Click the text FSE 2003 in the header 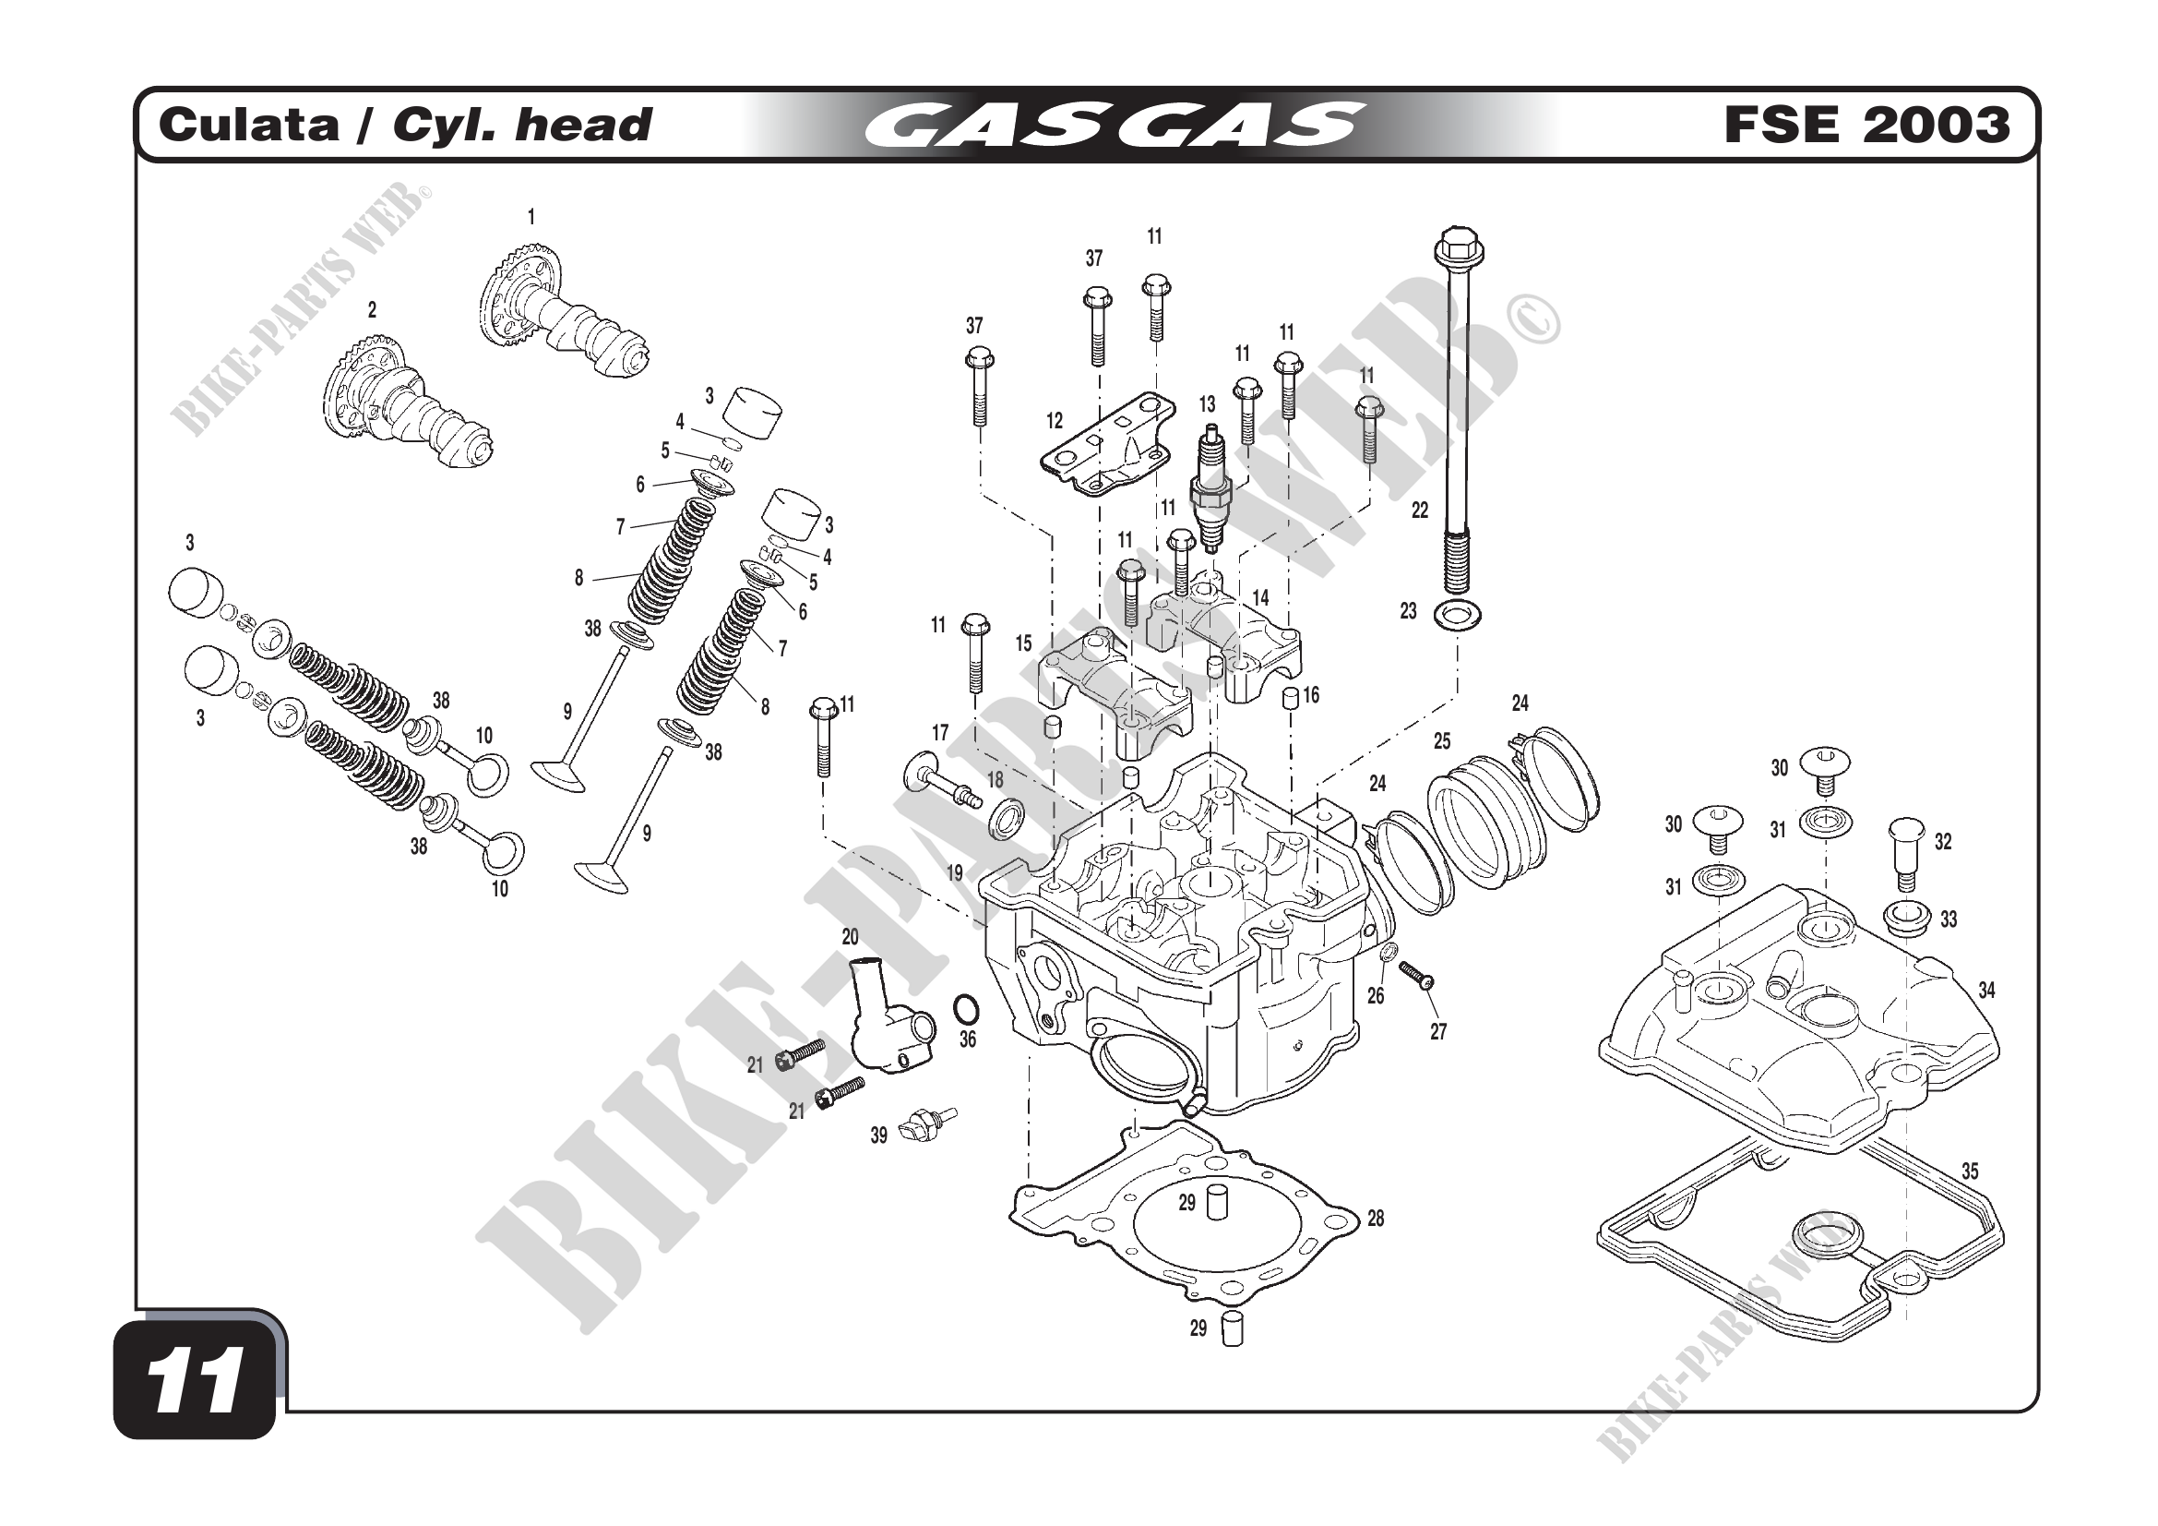(1866, 125)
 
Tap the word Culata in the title (248, 125)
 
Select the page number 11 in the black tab (196, 1381)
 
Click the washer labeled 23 (1458, 617)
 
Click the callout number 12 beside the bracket (1055, 421)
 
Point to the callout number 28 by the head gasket (1375, 1219)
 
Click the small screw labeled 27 (1414, 975)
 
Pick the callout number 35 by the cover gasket (1969, 1172)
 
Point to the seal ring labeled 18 (1007, 819)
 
